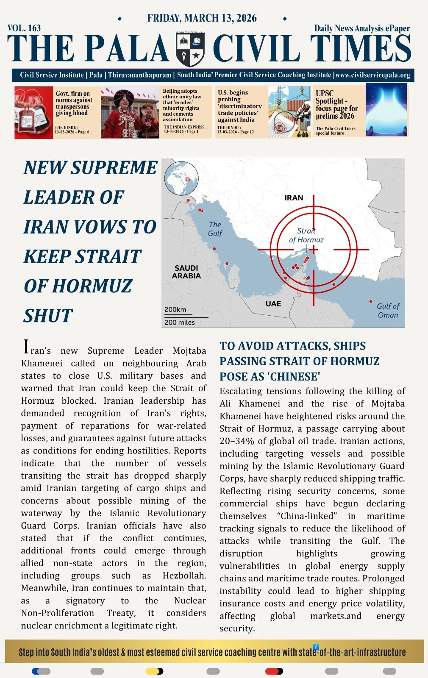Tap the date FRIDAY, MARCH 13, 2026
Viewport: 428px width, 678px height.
click(202, 18)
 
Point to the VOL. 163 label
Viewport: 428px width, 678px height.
click(24, 28)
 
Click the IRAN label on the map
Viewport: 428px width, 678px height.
click(294, 198)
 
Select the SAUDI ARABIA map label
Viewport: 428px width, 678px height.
click(186, 272)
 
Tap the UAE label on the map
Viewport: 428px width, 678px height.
click(273, 304)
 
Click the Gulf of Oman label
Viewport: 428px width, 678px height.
click(388, 311)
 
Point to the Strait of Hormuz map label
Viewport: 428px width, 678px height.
click(306, 236)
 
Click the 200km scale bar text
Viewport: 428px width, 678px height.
click(175, 310)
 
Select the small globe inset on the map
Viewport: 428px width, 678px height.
click(181, 178)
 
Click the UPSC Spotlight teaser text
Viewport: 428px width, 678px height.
click(336, 105)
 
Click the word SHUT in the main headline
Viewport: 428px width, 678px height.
click(48, 316)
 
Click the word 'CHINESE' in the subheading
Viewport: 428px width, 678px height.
click(291, 377)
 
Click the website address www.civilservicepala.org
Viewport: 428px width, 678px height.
click(372, 75)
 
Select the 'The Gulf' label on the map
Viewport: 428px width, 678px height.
click(215, 229)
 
